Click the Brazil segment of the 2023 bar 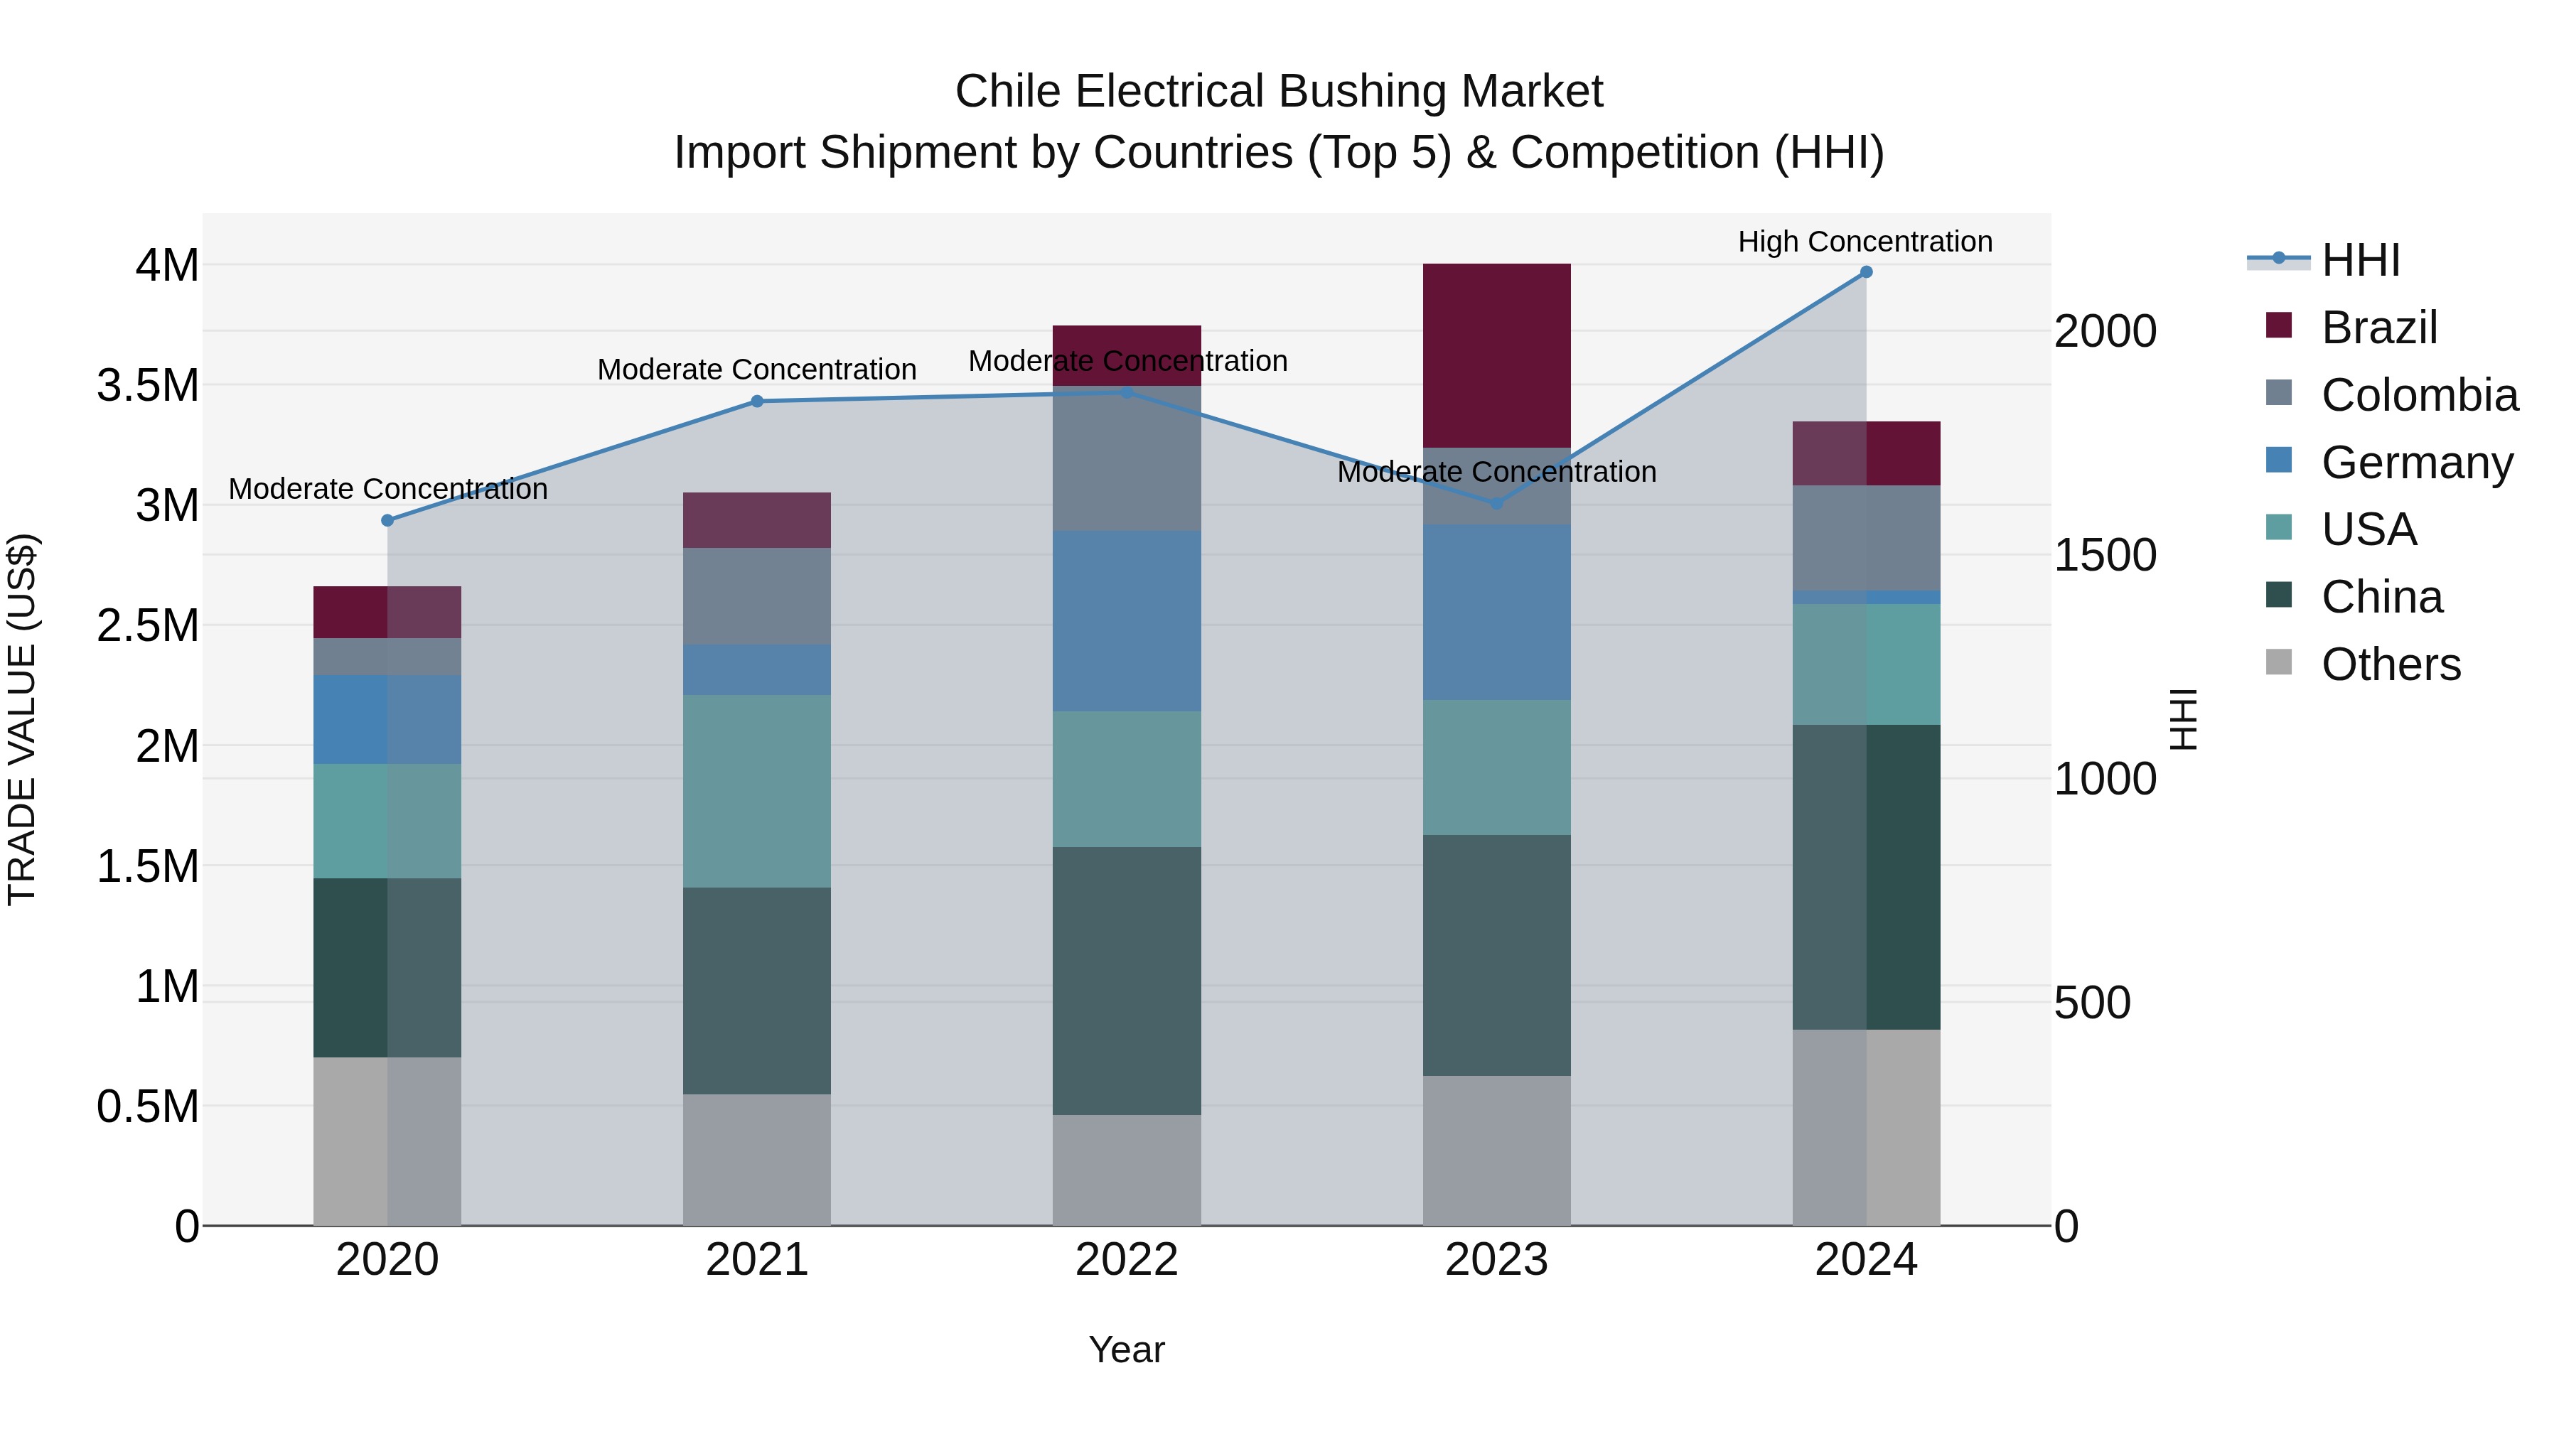(1496, 355)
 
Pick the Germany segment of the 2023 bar (1496, 612)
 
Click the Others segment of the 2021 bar (757, 1159)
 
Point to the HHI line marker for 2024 (1866, 272)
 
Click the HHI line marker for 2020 (387, 520)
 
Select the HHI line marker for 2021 (757, 401)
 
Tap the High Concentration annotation (1865, 242)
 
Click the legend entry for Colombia (2419, 395)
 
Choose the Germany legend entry (2416, 463)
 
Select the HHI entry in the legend (2360, 260)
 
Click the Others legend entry (2390, 664)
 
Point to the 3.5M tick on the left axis (148, 385)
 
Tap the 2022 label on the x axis (1127, 1260)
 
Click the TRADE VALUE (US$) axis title (23, 719)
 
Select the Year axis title (1127, 1349)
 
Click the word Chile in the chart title (1008, 92)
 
